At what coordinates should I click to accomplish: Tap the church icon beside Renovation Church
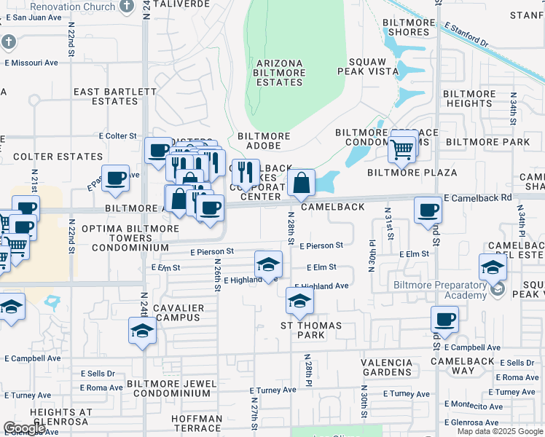pos(128,7)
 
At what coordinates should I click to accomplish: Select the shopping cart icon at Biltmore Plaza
pos(402,149)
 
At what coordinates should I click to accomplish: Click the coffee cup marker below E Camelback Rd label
pos(428,210)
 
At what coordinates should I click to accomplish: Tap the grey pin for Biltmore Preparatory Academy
pos(498,289)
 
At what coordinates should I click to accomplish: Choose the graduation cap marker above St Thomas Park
pos(299,299)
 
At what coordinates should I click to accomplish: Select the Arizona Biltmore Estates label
pos(278,73)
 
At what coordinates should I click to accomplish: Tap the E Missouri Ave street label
pos(31,63)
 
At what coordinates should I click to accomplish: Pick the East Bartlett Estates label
pos(115,96)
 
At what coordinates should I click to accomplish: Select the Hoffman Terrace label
pos(197,423)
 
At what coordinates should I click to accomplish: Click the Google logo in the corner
pos(24,428)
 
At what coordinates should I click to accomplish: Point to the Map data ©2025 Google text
pos(500,431)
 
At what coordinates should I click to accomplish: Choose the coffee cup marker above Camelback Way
pos(444,319)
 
